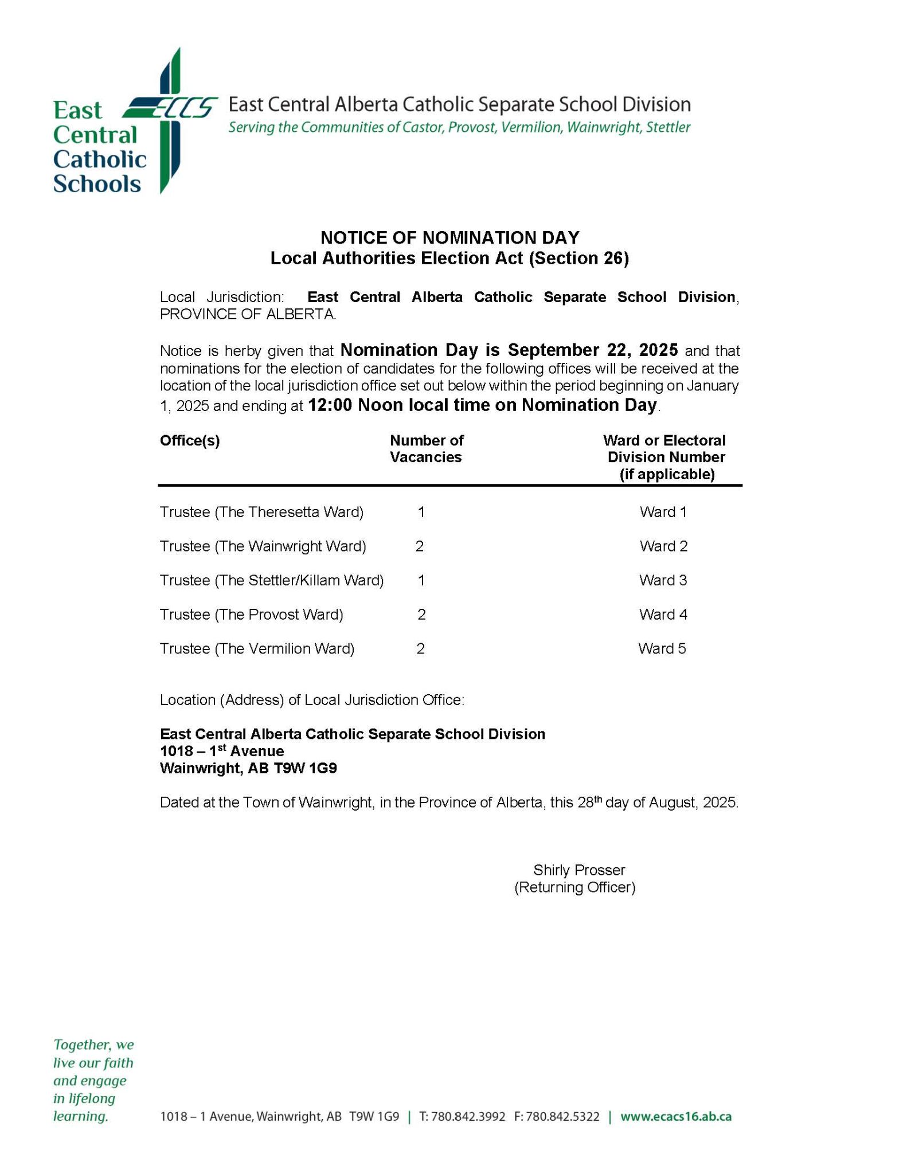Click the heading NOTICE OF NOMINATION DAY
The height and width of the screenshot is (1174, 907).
click(x=449, y=237)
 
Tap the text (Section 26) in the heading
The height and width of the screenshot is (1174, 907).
click(x=578, y=259)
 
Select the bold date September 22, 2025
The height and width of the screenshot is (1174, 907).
click(x=593, y=350)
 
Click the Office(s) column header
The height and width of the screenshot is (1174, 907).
click(x=190, y=440)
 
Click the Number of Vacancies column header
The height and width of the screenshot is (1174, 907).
click(x=426, y=448)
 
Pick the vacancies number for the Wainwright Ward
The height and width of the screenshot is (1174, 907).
click(x=420, y=546)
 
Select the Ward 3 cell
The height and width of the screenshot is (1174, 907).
click(x=663, y=580)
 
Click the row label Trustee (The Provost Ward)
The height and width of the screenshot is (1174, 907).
click(x=251, y=615)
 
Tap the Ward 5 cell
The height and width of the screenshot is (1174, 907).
click(x=662, y=648)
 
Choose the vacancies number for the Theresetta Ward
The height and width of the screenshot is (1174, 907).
click(x=421, y=512)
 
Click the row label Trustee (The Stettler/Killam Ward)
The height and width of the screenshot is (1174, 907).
click(x=271, y=580)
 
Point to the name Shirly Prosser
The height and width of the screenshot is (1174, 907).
click(x=578, y=870)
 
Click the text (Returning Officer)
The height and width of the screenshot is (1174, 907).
click(x=574, y=887)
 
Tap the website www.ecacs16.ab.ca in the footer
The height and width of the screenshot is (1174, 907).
click(x=675, y=1117)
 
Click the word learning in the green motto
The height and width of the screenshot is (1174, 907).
click(x=80, y=1116)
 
